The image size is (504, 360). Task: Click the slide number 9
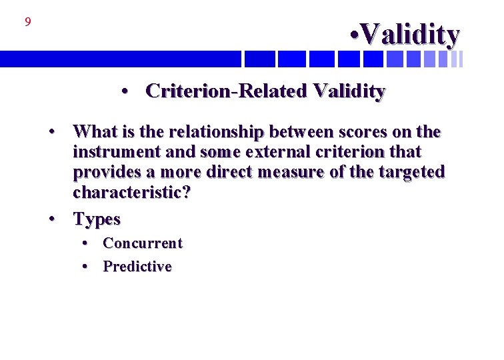pos(28,23)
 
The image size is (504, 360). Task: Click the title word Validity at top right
pos(411,35)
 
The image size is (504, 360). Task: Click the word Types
pos(97,219)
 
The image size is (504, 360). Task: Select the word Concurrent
pos(142,243)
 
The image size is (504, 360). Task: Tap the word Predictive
pos(137,267)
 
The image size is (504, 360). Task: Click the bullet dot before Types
pos(51,219)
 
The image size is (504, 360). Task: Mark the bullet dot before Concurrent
pos(86,243)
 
